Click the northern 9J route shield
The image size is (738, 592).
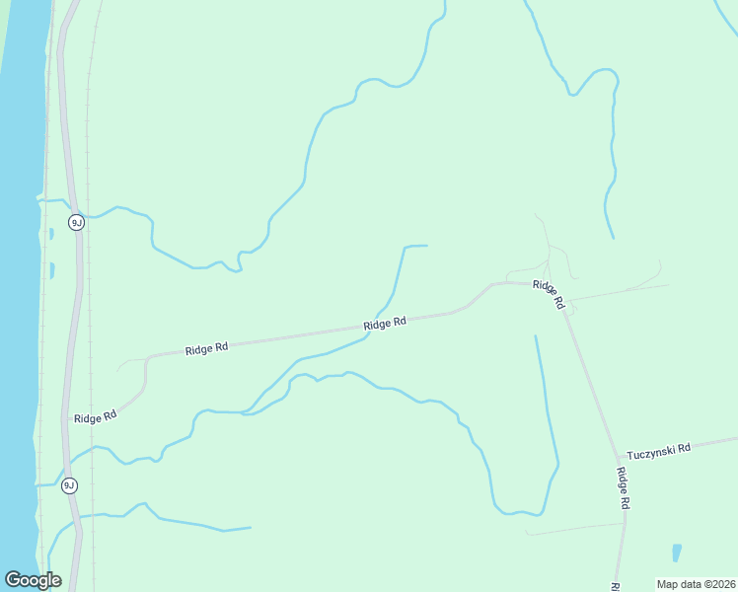76,222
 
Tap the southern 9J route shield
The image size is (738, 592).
69,485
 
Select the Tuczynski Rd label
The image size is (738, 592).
658,447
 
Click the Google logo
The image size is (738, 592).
33,580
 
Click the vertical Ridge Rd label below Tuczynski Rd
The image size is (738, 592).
623,487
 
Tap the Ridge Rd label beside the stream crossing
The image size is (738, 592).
385,324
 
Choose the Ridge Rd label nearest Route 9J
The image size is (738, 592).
95,416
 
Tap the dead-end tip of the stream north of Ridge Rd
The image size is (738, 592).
427,246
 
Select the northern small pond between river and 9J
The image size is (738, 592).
51,235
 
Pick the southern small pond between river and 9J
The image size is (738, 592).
51,270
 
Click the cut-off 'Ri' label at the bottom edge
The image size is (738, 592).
614,586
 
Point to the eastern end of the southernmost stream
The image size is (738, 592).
251,528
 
